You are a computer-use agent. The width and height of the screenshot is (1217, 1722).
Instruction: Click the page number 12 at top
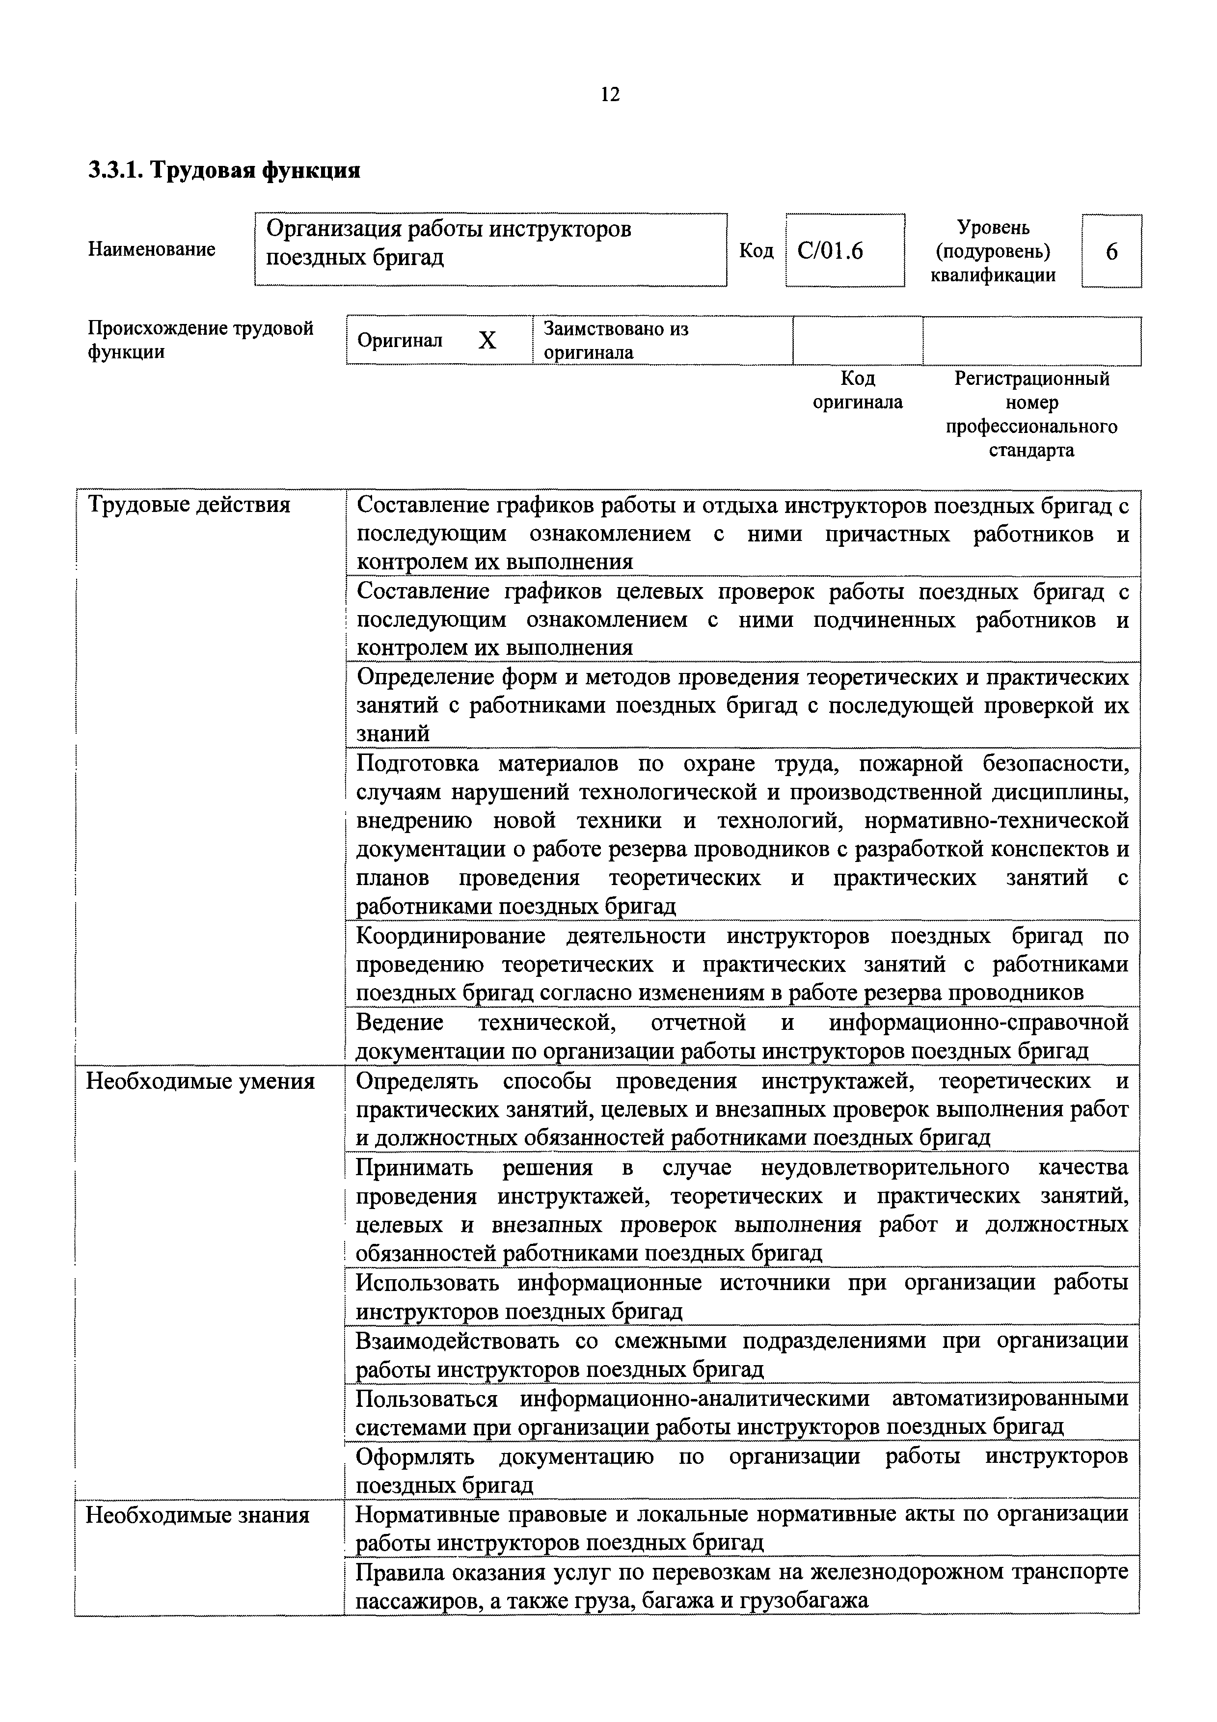coord(610,95)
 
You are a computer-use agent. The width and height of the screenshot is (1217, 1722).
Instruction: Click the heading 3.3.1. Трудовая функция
coord(224,171)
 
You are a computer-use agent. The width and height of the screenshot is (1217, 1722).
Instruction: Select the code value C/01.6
coord(830,250)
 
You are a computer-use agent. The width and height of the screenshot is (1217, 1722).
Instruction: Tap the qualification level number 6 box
coord(1111,251)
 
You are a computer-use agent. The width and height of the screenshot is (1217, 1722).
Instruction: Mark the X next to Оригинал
coord(487,341)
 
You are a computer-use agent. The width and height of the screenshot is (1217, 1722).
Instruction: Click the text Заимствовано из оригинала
coord(615,341)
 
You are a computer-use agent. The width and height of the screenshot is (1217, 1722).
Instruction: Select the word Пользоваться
coord(426,1399)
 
